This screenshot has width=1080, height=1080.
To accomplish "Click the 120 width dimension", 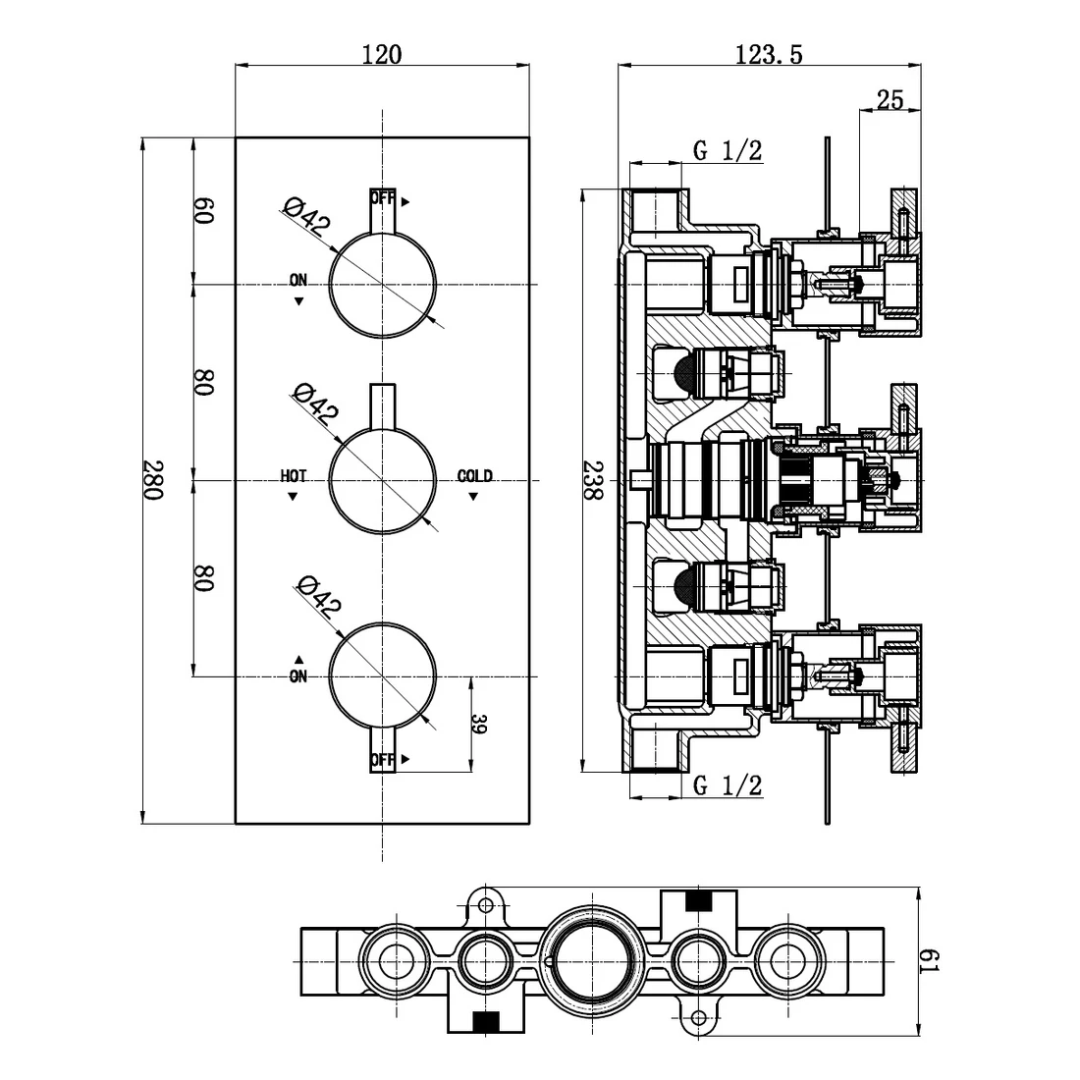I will [381, 54].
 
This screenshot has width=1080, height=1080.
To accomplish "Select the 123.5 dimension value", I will [769, 54].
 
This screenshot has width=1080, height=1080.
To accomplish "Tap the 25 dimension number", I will [890, 99].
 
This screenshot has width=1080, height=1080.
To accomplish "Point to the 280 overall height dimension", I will [153, 480].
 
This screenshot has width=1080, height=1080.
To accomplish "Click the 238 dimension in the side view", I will [591, 480].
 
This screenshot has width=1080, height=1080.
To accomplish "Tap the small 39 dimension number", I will [479, 725].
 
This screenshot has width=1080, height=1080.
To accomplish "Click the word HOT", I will [293, 476].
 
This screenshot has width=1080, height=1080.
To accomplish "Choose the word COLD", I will [474, 476].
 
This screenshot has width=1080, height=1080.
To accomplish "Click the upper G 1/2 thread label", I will [727, 150].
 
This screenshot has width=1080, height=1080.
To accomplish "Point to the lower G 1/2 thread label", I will [727, 784].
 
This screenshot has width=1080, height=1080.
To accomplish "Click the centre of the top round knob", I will [382, 284].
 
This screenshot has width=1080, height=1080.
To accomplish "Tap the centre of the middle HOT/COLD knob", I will [382, 481].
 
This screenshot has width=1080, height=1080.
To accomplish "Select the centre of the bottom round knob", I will [382, 676].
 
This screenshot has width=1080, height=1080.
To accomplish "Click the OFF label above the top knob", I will [383, 198].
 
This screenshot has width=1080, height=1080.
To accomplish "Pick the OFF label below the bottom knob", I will [383, 760].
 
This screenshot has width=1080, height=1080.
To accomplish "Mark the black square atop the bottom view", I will [698, 899].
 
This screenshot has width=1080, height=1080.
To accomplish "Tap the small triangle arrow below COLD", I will [473, 497].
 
